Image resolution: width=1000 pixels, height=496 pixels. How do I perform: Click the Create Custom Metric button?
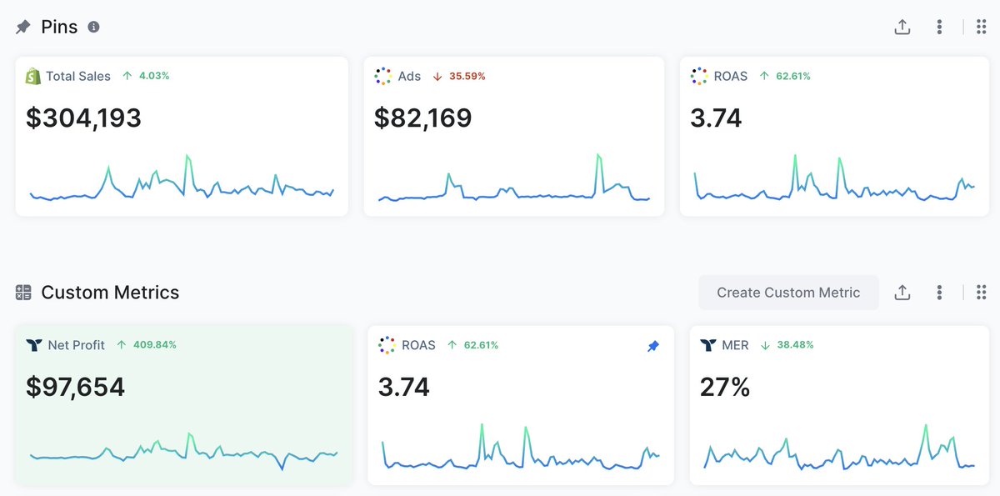coord(788,293)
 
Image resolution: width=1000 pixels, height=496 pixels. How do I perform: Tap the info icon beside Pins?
coord(94,27)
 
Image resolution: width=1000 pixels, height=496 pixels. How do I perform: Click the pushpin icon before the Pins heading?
coord(23,28)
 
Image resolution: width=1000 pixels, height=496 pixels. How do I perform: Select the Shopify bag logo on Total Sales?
coord(33,76)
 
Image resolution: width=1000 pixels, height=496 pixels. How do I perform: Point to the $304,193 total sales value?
coord(84,118)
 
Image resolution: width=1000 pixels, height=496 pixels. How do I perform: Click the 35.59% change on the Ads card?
coord(467,76)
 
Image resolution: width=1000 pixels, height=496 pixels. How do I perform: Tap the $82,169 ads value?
coord(423,118)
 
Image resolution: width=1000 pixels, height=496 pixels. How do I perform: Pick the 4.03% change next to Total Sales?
coord(153,76)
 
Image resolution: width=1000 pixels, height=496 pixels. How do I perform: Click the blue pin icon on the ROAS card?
coord(653,346)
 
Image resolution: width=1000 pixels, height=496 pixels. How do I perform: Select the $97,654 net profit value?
coord(76,387)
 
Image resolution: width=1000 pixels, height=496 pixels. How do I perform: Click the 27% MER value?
coord(725,387)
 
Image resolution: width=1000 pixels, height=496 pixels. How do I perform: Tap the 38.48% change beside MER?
coord(795,344)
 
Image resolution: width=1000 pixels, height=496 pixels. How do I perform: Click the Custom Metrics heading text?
coord(110,293)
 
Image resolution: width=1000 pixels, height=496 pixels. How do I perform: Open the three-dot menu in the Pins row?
coord(939,28)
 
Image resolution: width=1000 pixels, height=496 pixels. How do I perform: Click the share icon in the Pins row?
coord(902,28)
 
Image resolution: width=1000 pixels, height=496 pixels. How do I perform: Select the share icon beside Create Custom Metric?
coord(902,293)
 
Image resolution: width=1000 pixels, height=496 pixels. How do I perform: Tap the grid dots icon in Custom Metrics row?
coord(981,293)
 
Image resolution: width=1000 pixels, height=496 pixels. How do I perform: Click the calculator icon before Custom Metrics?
coord(23,293)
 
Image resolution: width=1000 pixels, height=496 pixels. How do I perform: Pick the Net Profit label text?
coord(77,344)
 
